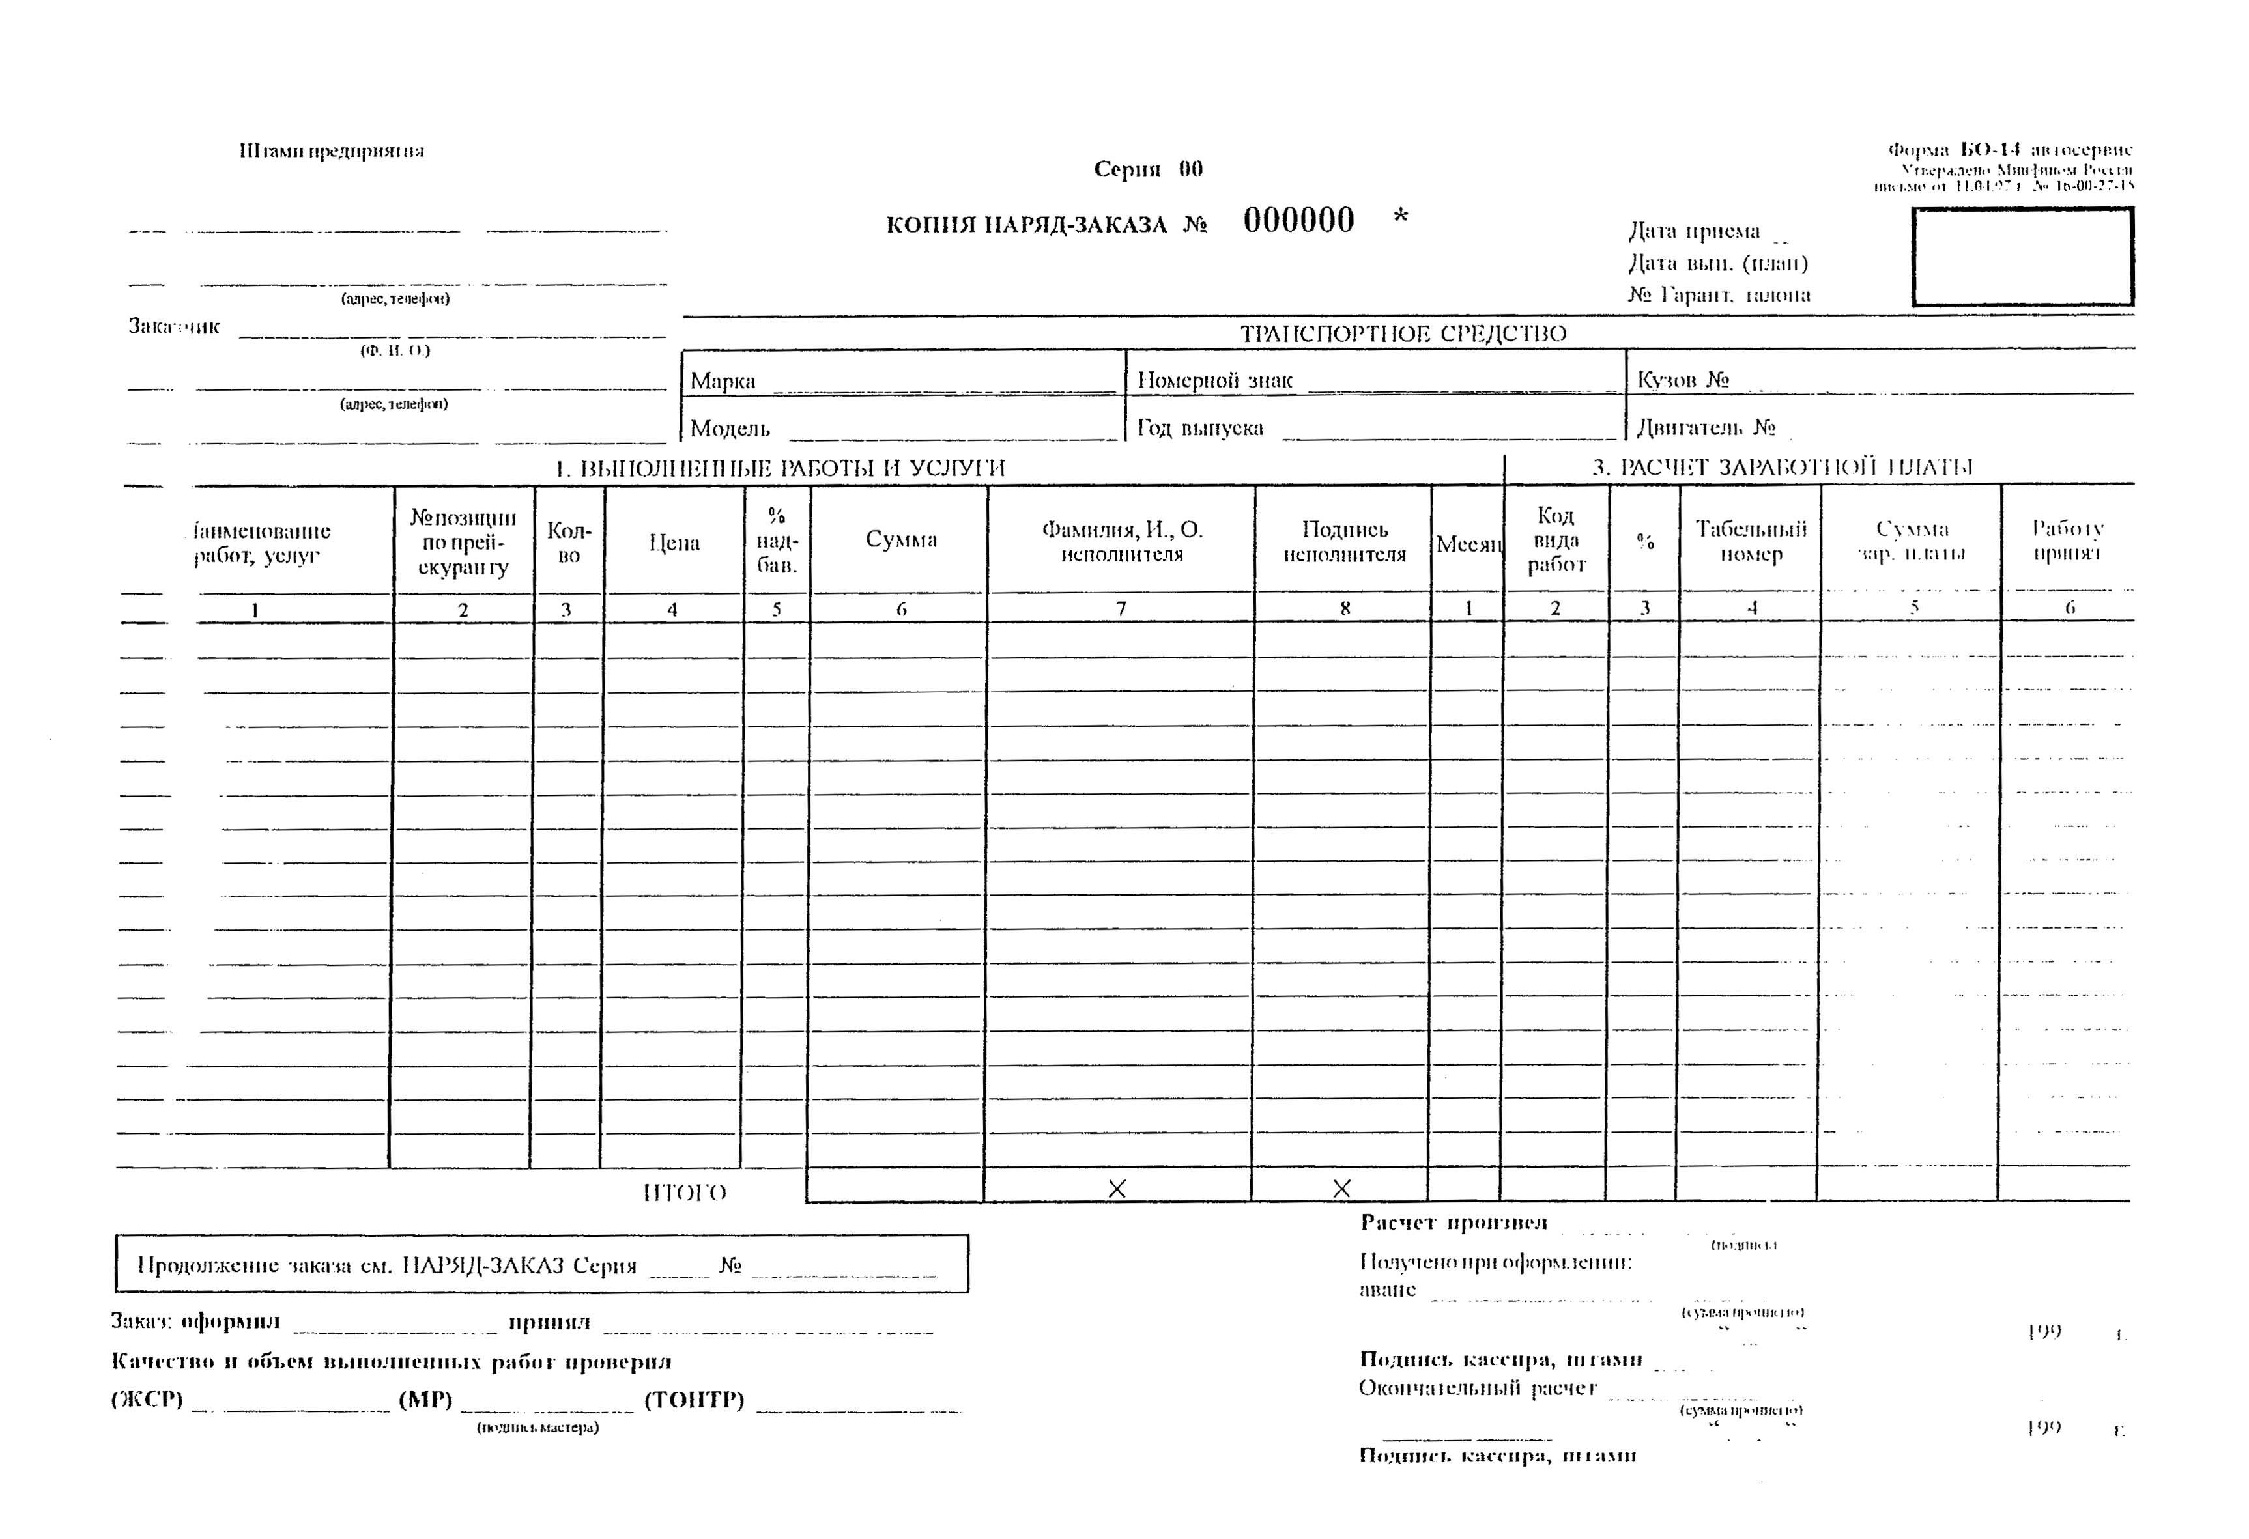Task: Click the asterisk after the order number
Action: (x=1400, y=218)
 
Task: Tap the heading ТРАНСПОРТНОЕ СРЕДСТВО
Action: (x=1403, y=333)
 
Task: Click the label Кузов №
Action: (x=1682, y=379)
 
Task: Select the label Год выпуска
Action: (x=1200, y=427)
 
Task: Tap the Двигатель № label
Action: (x=1705, y=427)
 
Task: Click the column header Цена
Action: (x=674, y=543)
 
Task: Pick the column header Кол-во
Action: (x=569, y=543)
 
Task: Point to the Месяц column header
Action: (x=1468, y=544)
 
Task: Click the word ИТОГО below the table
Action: (x=684, y=1193)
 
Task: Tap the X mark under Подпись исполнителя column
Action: (x=1341, y=1189)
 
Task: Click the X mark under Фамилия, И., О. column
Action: (x=1117, y=1189)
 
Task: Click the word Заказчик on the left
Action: (x=174, y=326)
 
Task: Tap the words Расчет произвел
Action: (x=1454, y=1222)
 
